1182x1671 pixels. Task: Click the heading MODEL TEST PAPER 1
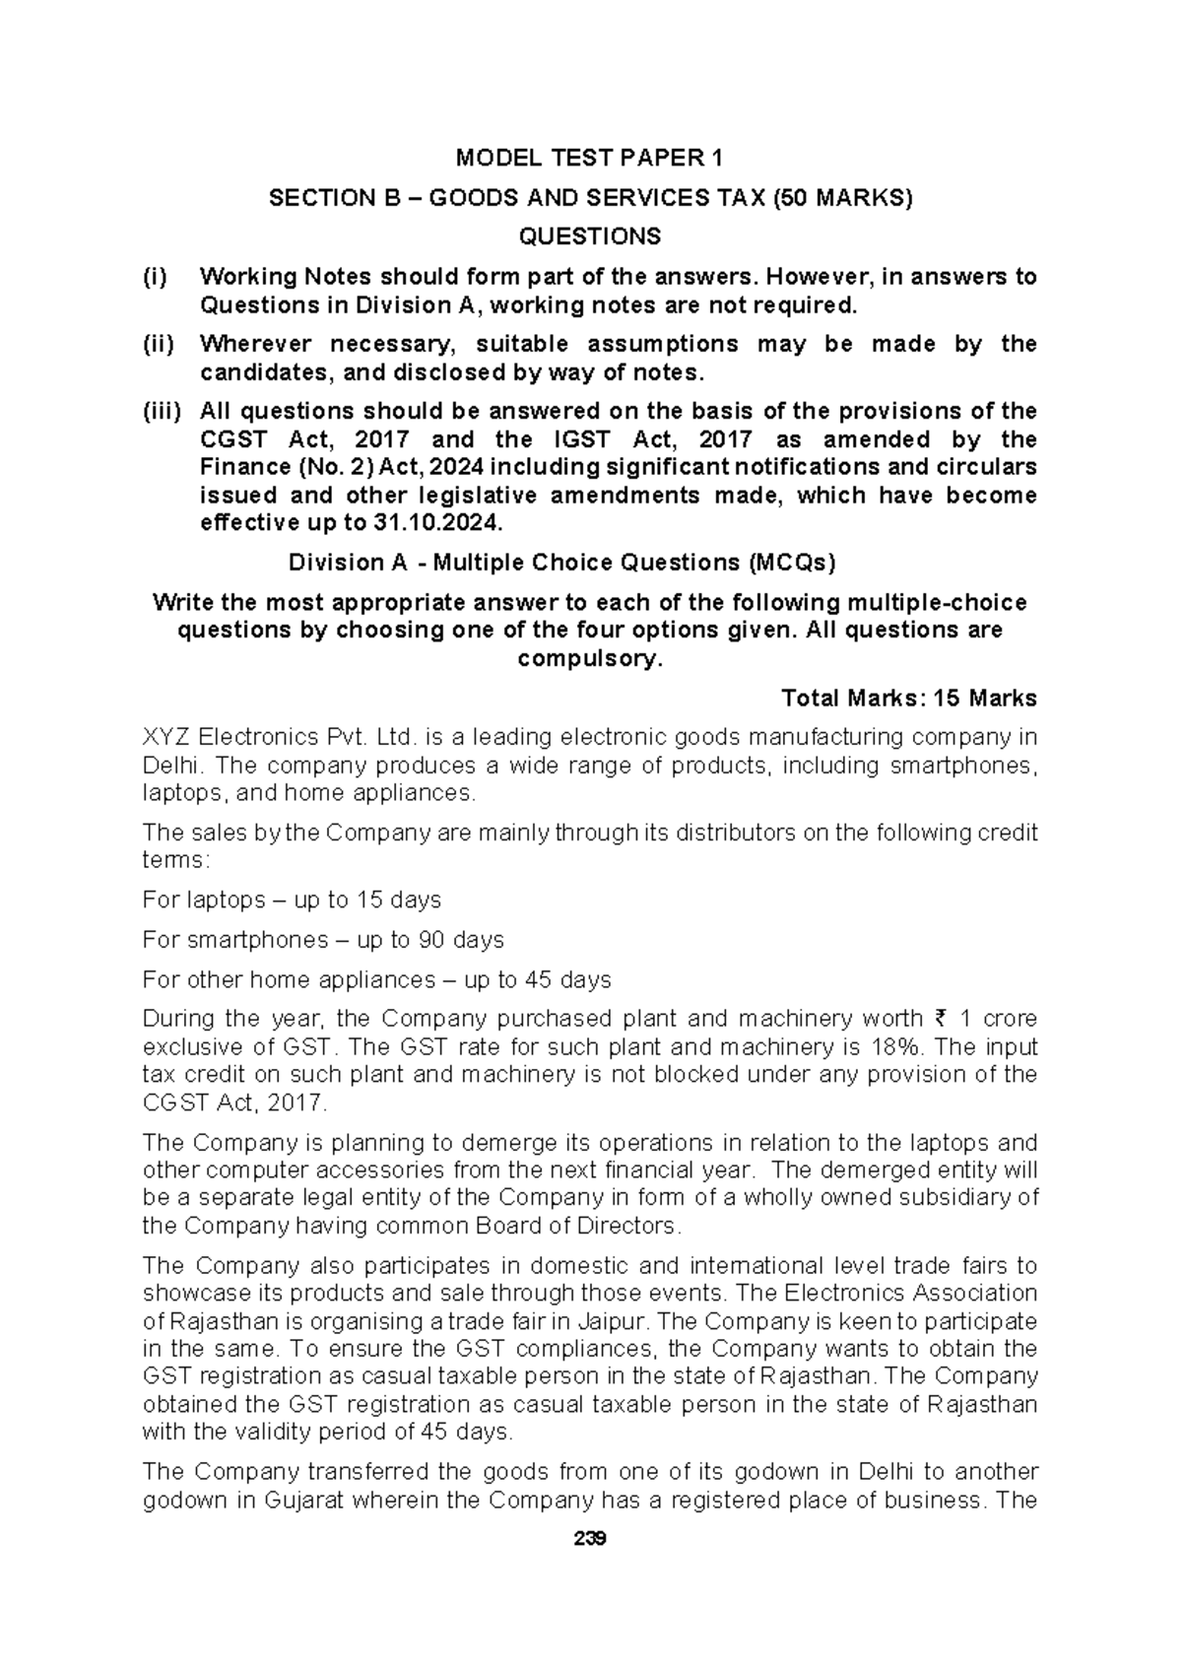pos(589,159)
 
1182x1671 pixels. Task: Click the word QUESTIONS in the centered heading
pos(590,236)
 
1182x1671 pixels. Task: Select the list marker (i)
pos(156,277)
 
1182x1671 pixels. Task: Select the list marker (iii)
pos(161,411)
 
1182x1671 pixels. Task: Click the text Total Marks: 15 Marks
pos(908,699)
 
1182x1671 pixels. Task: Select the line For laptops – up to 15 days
pos(292,900)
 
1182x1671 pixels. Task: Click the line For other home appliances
pos(376,979)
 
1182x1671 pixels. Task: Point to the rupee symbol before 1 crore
pos(939,1019)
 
